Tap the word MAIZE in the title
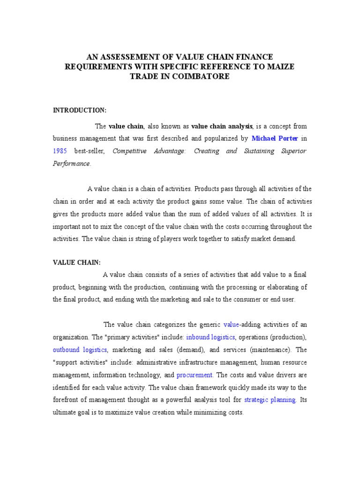pos(280,67)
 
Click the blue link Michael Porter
pos(275,139)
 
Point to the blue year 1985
pos(60,151)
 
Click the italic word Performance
pos(71,164)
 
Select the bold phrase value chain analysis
pos(222,127)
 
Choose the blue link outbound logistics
pos(80,350)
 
